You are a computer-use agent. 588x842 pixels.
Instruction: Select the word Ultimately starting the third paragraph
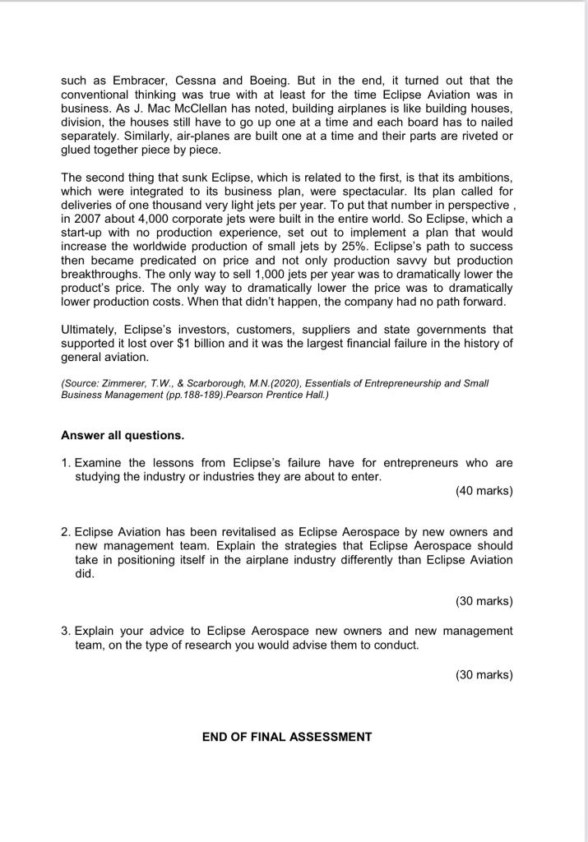90,331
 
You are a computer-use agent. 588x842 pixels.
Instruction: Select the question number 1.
66,463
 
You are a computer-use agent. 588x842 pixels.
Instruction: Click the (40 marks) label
484,491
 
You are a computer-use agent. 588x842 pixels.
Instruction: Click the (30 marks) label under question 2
484,601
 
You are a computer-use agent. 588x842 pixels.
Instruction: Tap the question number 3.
66,631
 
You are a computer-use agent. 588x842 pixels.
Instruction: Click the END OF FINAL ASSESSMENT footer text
287,737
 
